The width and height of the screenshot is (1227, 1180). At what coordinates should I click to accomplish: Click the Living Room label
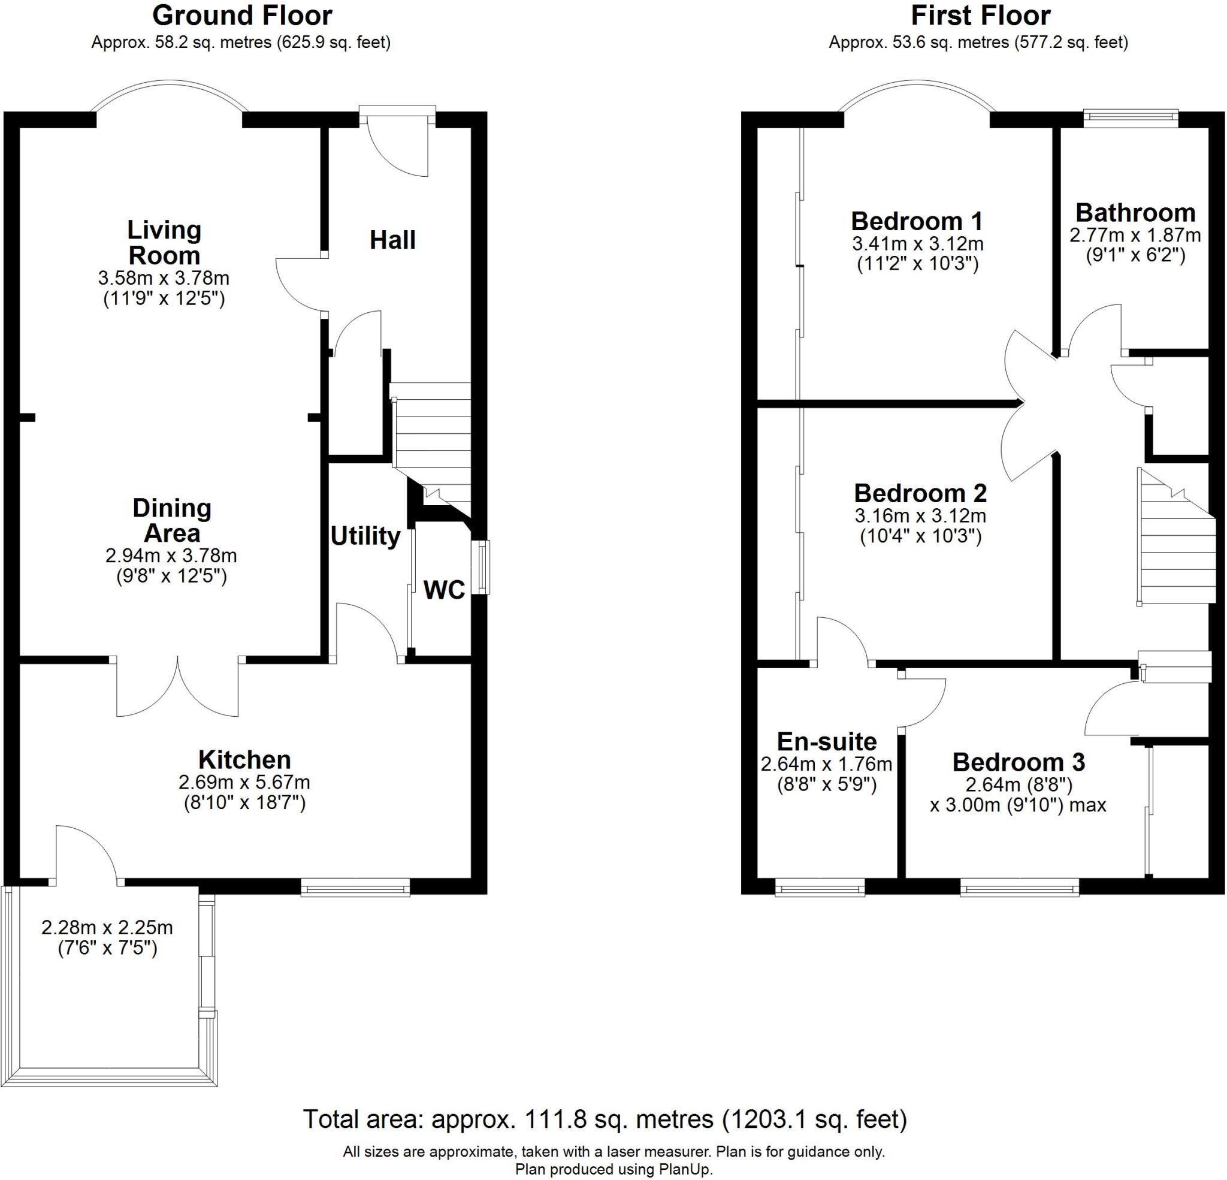(164, 242)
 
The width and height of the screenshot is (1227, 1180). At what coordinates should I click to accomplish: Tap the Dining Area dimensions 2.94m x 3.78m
(171, 555)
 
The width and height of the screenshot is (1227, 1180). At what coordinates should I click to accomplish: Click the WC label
(444, 589)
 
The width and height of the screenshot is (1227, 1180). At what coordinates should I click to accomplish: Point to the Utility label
(365, 536)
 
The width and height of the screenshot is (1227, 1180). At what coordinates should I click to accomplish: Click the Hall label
(392, 240)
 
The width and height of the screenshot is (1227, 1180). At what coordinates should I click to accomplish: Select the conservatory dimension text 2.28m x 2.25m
(107, 927)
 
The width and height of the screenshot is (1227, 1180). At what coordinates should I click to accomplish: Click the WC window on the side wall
(483, 568)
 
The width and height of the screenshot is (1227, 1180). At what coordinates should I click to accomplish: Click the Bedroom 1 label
(917, 221)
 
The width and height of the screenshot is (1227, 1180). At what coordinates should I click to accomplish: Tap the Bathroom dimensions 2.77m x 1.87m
(1134, 236)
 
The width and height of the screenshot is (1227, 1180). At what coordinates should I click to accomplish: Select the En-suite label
(826, 741)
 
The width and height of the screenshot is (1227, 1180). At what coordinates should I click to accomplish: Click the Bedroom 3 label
(1019, 762)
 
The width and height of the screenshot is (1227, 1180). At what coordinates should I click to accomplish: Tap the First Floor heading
(980, 16)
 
